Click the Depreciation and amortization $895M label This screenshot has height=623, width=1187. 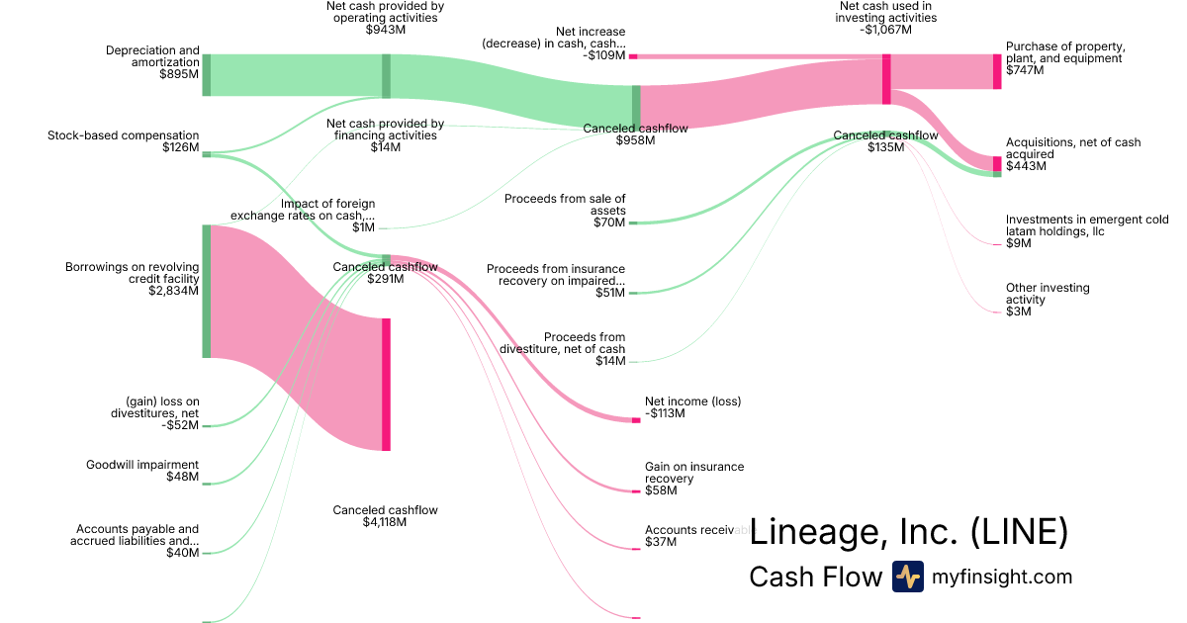(x=152, y=61)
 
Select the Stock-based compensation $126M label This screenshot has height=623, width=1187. (x=124, y=141)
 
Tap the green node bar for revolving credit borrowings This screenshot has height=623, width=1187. (x=206, y=291)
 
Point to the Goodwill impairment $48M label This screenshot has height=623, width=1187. (x=142, y=471)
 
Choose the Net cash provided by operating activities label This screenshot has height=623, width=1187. (x=385, y=17)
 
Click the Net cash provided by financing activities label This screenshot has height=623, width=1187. (x=385, y=135)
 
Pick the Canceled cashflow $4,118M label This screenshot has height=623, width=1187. (x=385, y=515)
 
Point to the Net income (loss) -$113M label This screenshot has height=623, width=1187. (x=692, y=406)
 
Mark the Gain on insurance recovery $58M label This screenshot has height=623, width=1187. (x=694, y=479)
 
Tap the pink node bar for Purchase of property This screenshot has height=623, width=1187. (x=997, y=72)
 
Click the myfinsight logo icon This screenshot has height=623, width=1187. (x=907, y=577)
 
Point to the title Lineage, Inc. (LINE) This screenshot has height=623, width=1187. (x=908, y=532)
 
